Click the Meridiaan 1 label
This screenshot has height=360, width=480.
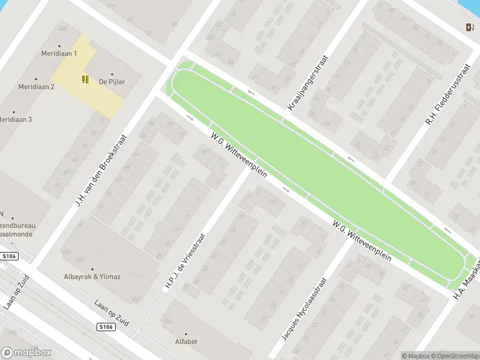click(x=59, y=53)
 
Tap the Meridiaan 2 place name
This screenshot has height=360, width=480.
click(x=36, y=86)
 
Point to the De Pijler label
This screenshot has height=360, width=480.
click(x=112, y=82)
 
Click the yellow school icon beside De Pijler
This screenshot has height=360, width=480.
click(x=86, y=79)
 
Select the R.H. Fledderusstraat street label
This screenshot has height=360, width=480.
click(x=446, y=95)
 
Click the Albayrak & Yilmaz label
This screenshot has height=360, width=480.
click(x=92, y=277)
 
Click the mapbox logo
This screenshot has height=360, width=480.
click(x=26, y=352)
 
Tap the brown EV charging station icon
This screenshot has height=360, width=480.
click(x=469, y=26)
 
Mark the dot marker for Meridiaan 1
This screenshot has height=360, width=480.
click(x=59, y=46)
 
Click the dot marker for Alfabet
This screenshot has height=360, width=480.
click(x=185, y=334)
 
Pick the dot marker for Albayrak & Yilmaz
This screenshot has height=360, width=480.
click(x=92, y=269)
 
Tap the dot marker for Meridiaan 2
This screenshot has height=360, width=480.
click(x=36, y=79)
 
